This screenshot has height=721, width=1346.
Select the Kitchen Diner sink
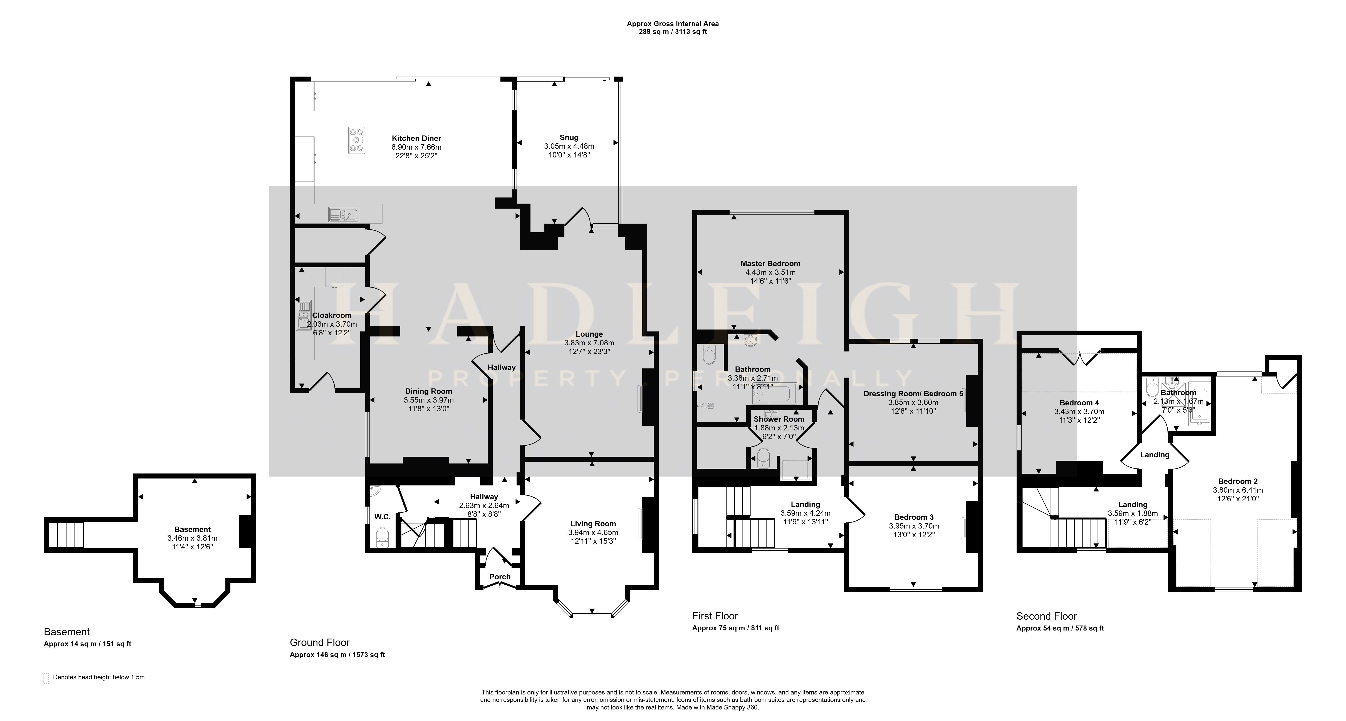(x=343, y=214)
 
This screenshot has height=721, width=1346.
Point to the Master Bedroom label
(x=770, y=264)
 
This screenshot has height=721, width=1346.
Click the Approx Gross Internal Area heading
(x=673, y=23)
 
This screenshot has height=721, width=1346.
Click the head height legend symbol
(x=46, y=678)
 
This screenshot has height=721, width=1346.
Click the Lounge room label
(x=589, y=334)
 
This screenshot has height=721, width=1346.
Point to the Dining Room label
(x=428, y=391)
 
